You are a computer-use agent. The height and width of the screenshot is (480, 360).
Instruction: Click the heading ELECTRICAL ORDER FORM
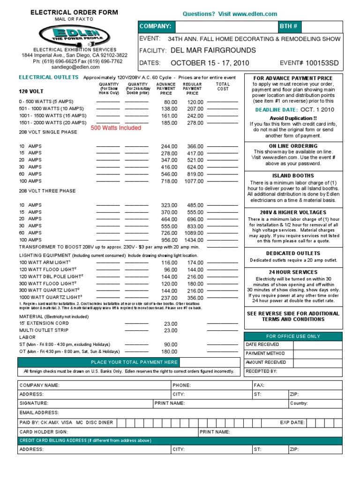coord(74,12)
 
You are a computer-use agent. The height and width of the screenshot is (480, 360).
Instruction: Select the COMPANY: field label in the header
coord(155,27)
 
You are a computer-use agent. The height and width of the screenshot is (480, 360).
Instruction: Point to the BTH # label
coord(288,27)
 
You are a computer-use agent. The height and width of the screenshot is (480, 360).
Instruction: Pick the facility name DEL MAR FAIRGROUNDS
coord(213,50)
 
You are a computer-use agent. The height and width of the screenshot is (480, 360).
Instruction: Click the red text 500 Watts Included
coord(116,128)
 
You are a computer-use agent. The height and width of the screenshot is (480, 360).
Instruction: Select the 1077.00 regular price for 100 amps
coord(194,181)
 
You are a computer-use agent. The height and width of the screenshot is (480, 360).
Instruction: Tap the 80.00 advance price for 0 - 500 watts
coord(171,102)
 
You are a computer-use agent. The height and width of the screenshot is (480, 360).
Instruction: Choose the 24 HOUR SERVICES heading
coord(293,272)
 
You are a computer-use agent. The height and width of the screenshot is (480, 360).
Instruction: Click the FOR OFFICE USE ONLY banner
coord(293,336)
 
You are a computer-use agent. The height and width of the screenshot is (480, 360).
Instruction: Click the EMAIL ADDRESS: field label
coord(38,413)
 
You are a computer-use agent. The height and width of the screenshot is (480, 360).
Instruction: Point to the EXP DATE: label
coord(292,422)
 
